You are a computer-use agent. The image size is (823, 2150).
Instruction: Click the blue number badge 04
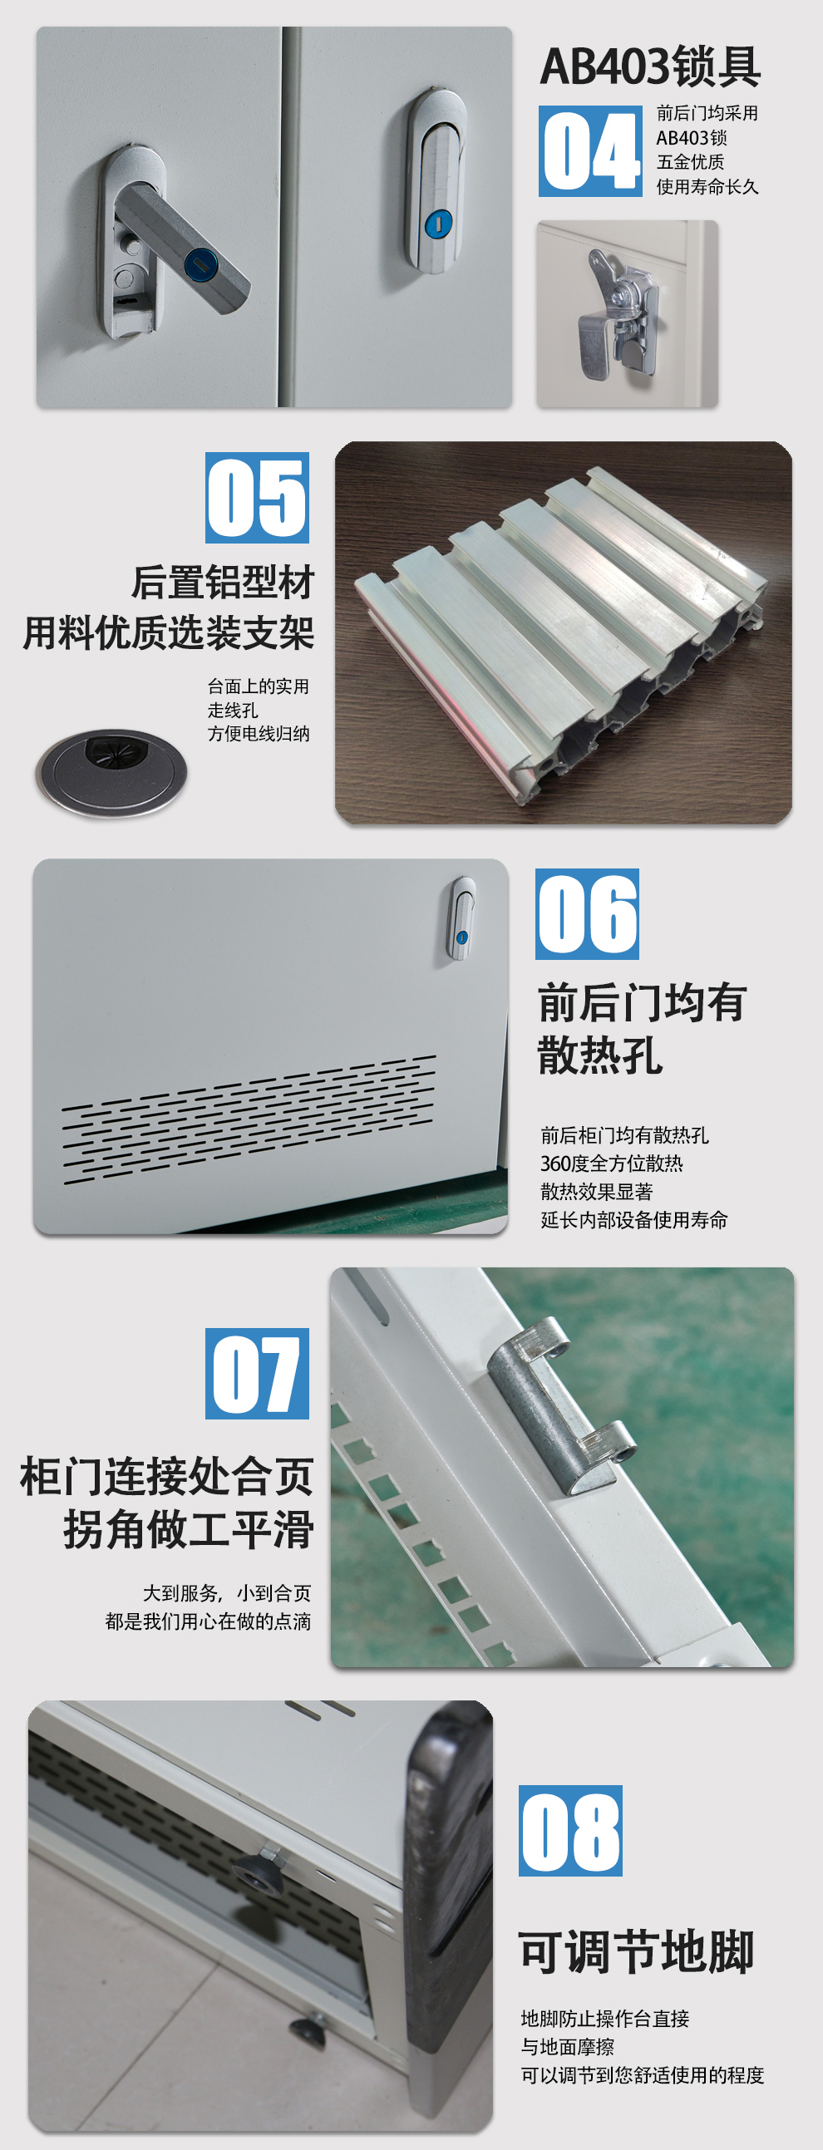click(x=590, y=151)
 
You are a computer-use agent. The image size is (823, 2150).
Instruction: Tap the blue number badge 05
click(x=257, y=498)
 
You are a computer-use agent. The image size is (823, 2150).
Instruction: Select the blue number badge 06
click(x=587, y=914)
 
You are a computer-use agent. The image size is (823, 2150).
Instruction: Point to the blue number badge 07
click(x=257, y=1373)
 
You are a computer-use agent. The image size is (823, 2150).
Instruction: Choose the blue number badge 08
click(x=570, y=1830)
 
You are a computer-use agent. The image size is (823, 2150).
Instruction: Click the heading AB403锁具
click(x=650, y=66)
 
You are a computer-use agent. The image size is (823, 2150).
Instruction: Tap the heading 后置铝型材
click(x=223, y=582)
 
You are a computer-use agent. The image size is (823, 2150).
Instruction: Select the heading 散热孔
click(x=600, y=1055)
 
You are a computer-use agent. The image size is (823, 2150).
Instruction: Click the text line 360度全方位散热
click(x=612, y=1164)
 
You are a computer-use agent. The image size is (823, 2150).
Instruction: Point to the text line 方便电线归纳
click(x=259, y=734)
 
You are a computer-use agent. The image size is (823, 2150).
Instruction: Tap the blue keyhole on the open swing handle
click(x=200, y=264)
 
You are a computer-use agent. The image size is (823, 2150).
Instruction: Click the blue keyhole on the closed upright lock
click(x=438, y=223)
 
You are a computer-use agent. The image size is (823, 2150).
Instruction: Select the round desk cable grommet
click(x=111, y=772)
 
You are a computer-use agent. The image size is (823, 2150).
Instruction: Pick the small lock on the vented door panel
click(x=461, y=918)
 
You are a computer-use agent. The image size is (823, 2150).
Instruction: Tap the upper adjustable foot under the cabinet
click(x=258, y=1872)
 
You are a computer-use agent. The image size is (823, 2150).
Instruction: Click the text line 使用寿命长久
click(x=707, y=187)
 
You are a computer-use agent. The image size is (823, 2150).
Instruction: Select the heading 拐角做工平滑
click(x=189, y=1529)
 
